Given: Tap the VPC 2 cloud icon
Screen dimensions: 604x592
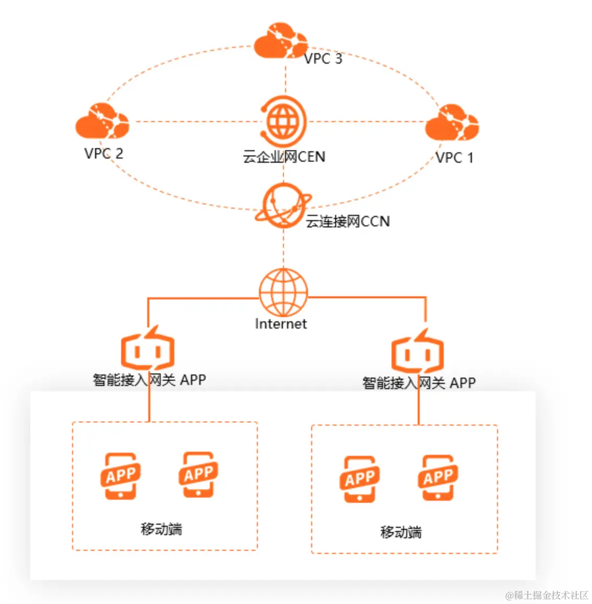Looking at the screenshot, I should point(102,122).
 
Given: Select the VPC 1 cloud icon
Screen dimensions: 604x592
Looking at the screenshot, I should point(452,123).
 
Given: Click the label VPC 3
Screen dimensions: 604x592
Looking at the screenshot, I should point(323,59).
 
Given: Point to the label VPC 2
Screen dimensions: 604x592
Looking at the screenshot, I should point(104,153).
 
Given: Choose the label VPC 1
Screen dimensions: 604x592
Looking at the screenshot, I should point(455,158).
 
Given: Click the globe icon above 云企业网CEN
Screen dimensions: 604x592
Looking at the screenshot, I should point(283,122).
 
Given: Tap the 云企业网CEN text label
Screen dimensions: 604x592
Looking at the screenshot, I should point(284,156).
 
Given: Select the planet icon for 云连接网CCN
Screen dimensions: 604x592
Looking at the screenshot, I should point(283,206).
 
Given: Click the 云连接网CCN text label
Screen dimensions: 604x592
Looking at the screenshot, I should point(348,221).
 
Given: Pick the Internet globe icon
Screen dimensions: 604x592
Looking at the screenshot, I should point(283,292).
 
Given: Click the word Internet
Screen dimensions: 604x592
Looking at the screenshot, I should point(281,324).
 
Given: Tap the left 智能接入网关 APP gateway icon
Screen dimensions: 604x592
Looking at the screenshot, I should point(147,349).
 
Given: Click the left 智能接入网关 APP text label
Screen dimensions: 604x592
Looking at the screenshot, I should point(149,380).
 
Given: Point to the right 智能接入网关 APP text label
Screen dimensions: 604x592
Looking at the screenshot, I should point(419,383).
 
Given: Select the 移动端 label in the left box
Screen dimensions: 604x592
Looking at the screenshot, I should point(161,529).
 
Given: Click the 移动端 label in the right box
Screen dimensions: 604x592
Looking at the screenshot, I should point(401,532).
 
